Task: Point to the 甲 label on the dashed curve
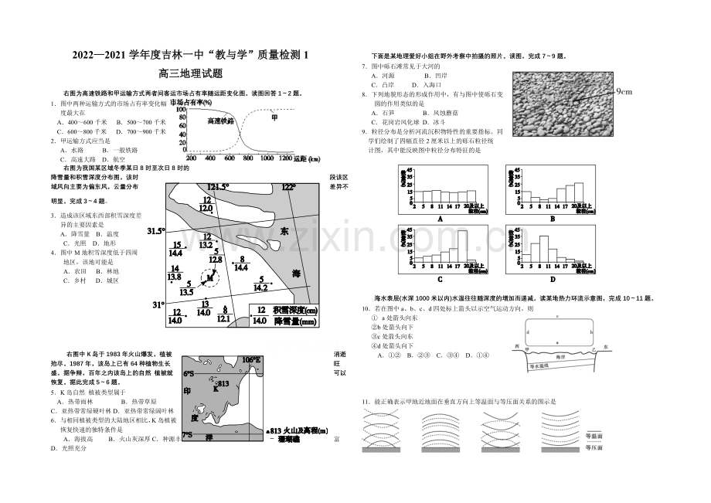[274, 117]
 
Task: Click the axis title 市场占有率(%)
[192, 102]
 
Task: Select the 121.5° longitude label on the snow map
[219, 187]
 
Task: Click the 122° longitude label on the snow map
[288, 187]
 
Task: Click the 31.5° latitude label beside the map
[155, 230]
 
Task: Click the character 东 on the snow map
[284, 231]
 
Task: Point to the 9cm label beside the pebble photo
[624, 92]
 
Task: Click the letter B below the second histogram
[553, 218]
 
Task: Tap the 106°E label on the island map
[251, 359]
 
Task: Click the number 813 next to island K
[223, 383]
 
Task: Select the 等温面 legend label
[594, 435]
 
